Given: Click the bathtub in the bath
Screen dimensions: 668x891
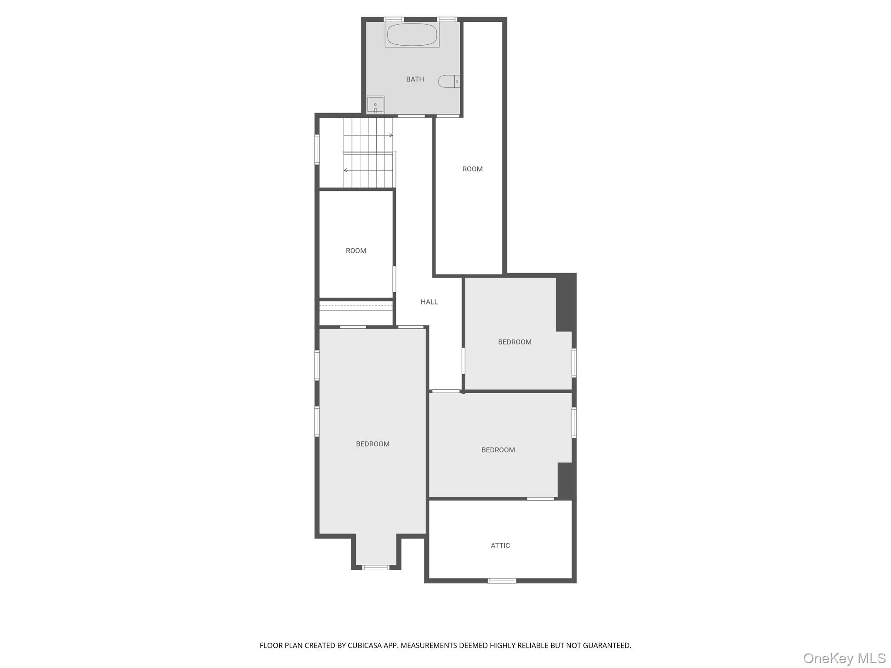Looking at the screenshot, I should (x=412, y=34).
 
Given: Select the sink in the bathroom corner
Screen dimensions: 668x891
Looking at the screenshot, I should (x=375, y=105).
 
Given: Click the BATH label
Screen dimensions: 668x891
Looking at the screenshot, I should (x=415, y=79).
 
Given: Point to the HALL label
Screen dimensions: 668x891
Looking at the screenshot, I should (x=429, y=302).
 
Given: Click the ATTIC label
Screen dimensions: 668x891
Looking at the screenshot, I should (x=500, y=545).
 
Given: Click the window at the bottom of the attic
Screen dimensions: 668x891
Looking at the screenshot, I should (x=502, y=581).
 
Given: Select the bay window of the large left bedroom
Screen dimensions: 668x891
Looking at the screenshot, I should (x=376, y=567).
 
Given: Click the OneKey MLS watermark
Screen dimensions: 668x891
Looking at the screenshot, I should (x=844, y=658).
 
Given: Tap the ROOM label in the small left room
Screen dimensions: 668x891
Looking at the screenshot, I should (x=356, y=250).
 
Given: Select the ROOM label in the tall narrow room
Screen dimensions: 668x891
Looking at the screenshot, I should (x=472, y=169).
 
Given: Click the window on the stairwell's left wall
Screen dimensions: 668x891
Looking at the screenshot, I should (x=317, y=149).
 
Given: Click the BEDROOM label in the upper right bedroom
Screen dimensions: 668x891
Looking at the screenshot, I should (x=515, y=342).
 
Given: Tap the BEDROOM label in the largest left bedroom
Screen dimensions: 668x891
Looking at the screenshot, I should (x=373, y=444).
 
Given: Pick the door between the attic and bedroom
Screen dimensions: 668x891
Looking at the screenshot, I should (x=540, y=499).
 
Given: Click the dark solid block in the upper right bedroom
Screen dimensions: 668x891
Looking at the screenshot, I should (x=566, y=303).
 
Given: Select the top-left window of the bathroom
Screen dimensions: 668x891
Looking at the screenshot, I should (x=394, y=20).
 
